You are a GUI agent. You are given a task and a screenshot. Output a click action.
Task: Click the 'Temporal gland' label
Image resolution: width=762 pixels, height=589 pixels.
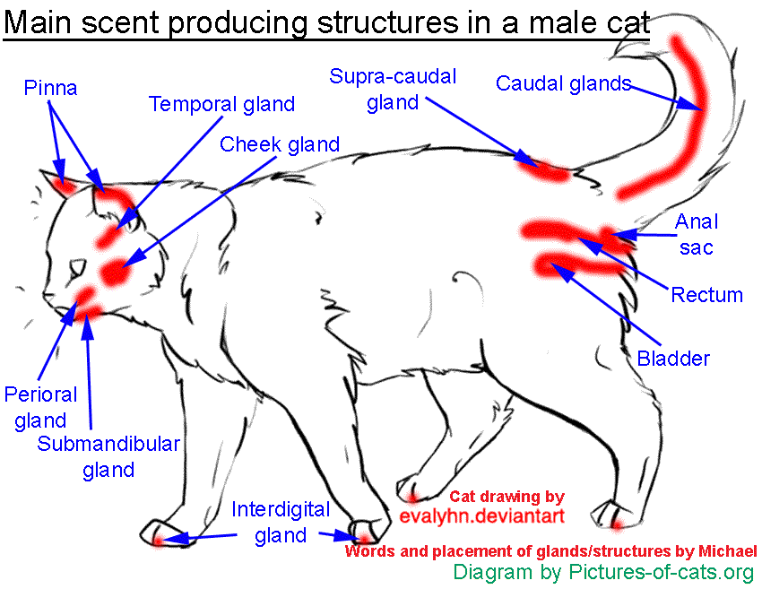click(x=221, y=105)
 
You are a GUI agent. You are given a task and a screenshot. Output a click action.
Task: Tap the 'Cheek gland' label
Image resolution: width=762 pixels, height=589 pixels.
click(x=280, y=144)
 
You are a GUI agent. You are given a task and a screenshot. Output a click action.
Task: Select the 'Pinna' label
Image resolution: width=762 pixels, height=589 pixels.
click(x=51, y=88)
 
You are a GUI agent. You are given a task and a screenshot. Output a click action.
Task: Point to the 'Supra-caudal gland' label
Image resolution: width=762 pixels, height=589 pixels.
click(x=393, y=89)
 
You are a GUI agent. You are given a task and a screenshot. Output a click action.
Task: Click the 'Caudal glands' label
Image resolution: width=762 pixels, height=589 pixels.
click(x=563, y=84)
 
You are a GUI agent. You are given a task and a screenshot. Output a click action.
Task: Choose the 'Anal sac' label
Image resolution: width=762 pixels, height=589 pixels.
click(x=696, y=234)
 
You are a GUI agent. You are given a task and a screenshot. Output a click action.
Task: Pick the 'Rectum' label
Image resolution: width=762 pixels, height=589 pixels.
click(x=706, y=295)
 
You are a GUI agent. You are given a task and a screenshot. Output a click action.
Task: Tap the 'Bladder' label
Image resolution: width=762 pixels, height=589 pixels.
click(x=673, y=359)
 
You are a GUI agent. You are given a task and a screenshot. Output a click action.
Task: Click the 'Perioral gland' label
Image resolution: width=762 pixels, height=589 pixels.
click(x=40, y=407)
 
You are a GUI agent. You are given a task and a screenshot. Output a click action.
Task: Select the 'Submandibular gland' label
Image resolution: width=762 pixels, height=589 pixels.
click(x=108, y=456)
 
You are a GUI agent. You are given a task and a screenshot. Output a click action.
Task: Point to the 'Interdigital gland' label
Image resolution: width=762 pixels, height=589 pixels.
click(x=281, y=523)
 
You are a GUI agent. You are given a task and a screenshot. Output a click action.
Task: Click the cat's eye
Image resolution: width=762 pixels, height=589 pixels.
click(x=79, y=267)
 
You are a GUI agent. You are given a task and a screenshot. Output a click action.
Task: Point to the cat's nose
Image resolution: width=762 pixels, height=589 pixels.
click(x=47, y=297)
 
